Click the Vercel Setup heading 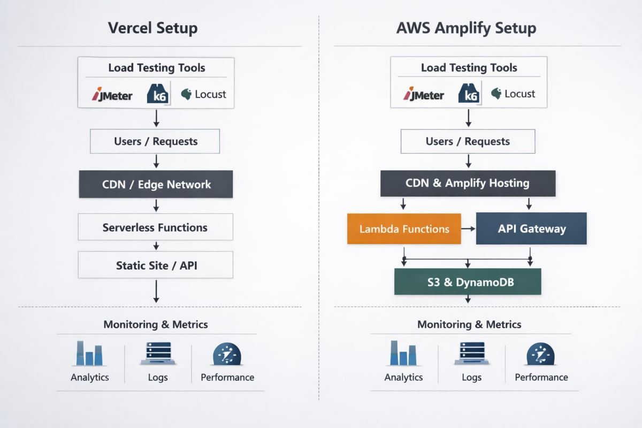click(x=152, y=28)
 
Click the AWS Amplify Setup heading click(x=466, y=28)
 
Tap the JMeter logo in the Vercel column click(x=112, y=95)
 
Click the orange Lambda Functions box click(x=404, y=229)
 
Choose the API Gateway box click(x=531, y=229)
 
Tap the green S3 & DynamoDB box click(x=468, y=282)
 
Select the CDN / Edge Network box click(x=156, y=185)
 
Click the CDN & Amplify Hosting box click(x=468, y=184)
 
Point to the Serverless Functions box click(x=156, y=227)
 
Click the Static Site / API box click(x=156, y=265)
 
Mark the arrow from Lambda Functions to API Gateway click(x=468, y=229)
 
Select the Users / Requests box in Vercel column click(x=156, y=142)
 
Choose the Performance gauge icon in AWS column click(x=541, y=354)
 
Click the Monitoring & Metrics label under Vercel click(x=156, y=325)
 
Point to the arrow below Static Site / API click(x=156, y=292)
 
